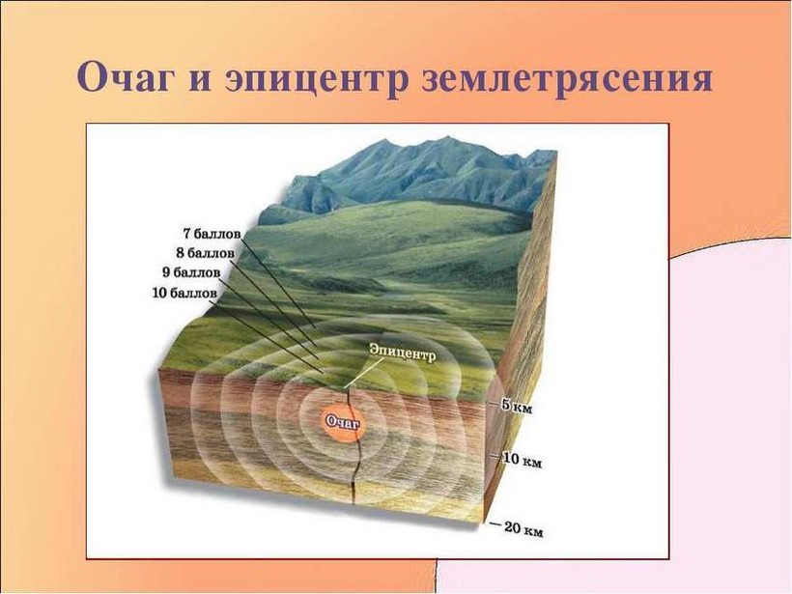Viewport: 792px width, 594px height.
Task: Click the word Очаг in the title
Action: coord(123,78)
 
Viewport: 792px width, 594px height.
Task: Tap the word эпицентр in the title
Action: coord(315,80)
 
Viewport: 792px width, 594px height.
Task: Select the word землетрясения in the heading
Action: coord(567,80)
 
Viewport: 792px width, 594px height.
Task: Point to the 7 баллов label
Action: coord(212,235)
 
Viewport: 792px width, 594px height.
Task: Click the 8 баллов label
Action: coord(206,254)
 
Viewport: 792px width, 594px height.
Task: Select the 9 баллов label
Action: coord(191,273)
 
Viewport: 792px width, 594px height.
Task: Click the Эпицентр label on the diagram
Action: coord(402,353)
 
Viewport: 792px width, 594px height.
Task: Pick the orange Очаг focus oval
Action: coord(343,423)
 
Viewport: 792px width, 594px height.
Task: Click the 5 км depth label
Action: coord(516,407)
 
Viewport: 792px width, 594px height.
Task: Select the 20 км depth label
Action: coord(523,529)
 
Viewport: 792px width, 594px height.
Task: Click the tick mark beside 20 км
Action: coord(496,524)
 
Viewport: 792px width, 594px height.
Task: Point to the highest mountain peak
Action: coord(447,136)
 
